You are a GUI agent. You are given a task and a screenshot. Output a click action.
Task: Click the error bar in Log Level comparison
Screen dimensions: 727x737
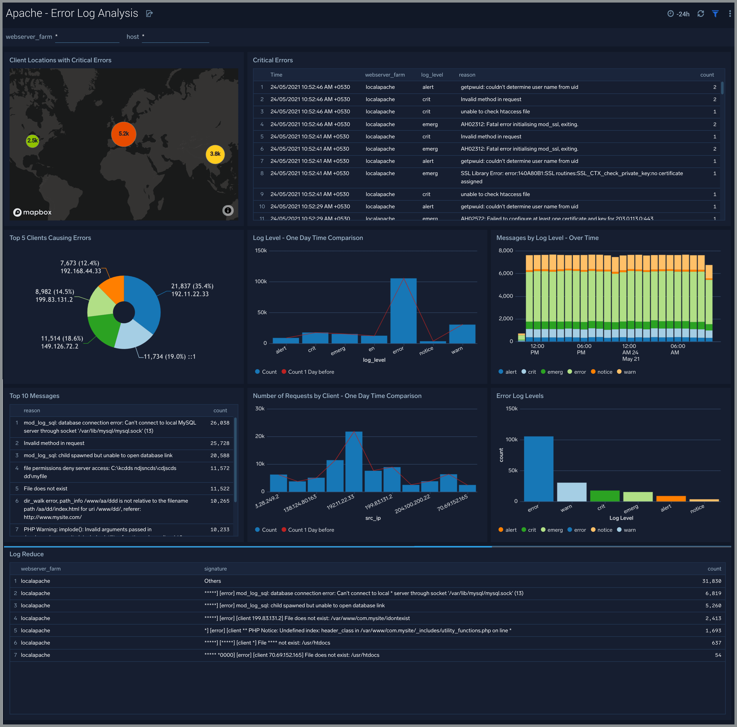[403, 311]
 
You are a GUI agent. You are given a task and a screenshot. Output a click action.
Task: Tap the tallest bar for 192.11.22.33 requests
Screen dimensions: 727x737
[354, 462]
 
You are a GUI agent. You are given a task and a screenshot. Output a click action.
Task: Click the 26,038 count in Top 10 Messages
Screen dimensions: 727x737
[220, 423]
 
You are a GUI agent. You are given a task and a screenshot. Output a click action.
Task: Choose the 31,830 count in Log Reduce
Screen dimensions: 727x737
[711, 581]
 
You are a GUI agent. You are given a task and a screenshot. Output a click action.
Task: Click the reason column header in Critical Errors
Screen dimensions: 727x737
[467, 75]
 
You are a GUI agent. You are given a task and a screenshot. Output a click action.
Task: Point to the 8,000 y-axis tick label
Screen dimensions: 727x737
[506, 251]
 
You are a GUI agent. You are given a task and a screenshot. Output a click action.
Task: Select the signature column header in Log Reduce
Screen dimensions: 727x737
[216, 569]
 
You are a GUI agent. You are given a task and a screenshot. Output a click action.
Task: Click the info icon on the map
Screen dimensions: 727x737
[228, 210]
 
